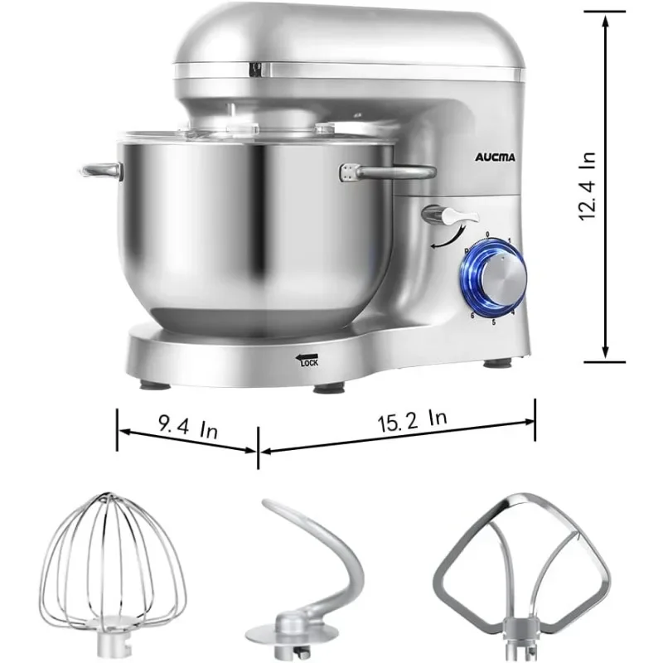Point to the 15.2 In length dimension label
point(410,419)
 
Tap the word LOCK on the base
point(309,361)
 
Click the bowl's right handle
point(390,172)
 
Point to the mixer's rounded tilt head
point(348,41)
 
